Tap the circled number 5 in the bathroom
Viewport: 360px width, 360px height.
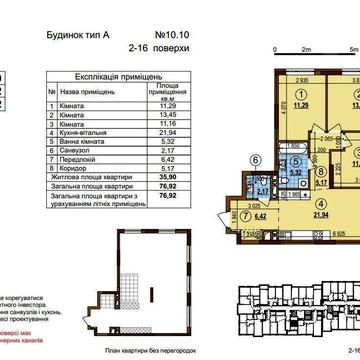[295, 159]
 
